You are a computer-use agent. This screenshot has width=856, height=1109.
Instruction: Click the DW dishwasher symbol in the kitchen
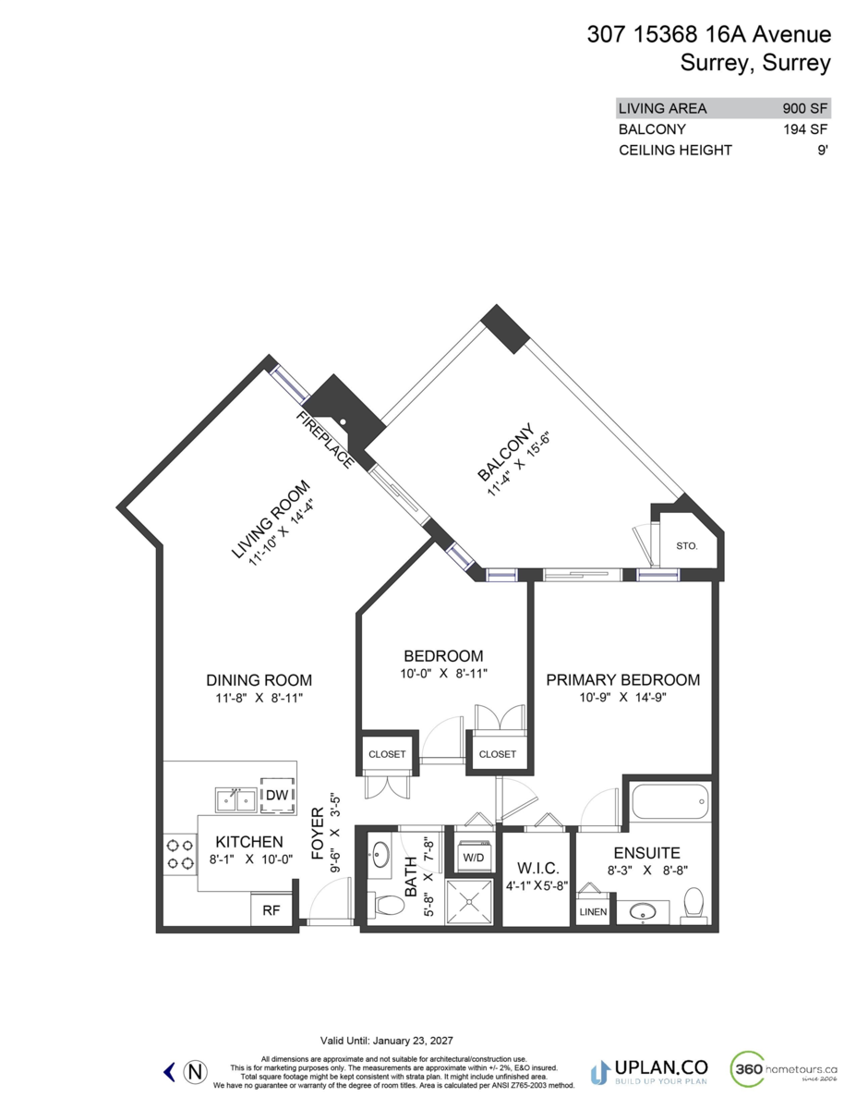(276, 795)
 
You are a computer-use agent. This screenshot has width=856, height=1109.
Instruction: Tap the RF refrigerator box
(271, 909)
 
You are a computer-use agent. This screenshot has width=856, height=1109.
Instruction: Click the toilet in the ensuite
(693, 904)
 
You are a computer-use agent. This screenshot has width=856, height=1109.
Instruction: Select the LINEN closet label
(594, 911)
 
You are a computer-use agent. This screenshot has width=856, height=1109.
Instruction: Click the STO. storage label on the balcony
(686, 546)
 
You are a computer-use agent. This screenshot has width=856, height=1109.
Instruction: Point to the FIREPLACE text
(324, 440)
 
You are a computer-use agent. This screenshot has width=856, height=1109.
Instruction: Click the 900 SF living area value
(806, 108)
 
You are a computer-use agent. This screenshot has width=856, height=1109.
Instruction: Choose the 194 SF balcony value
(806, 129)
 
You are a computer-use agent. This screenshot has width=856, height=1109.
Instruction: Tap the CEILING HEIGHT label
(675, 150)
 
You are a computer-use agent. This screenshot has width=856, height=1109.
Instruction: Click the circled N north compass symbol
(195, 1071)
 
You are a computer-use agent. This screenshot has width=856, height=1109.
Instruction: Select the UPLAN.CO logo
(646, 1071)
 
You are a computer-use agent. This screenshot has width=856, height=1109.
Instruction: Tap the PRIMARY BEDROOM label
(622, 679)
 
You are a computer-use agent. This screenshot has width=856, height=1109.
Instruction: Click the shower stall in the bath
(471, 902)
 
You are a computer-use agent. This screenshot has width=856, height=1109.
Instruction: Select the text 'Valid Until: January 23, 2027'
(386, 1040)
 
